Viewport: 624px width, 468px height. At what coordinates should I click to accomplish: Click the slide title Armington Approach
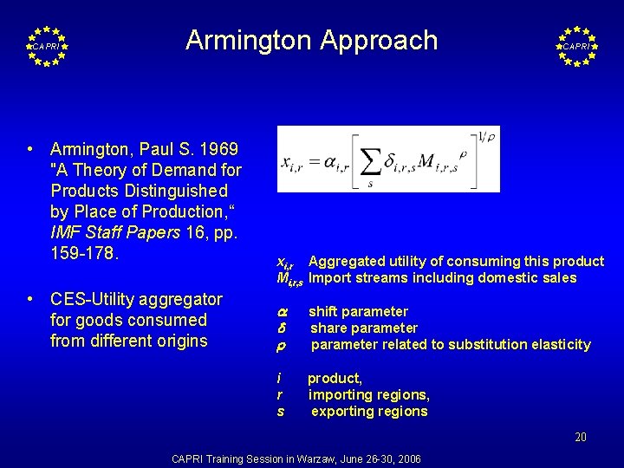(311, 40)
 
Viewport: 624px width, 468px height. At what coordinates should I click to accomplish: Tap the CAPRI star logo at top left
(47, 46)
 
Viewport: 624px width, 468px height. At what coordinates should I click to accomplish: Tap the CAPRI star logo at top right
(576, 46)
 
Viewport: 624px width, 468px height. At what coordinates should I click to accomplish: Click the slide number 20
(580, 437)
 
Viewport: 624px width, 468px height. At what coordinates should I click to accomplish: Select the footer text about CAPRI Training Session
(296, 458)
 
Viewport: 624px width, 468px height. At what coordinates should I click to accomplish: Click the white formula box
(387, 159)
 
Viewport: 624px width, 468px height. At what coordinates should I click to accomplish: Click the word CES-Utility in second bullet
(94, 299)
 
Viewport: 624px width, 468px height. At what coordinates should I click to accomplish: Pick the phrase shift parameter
(358, 311)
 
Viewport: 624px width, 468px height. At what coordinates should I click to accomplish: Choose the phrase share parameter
(363, 328)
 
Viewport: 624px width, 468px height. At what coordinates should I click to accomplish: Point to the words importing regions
(368, 394)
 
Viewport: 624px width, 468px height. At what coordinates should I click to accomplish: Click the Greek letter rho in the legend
(281, 345)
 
